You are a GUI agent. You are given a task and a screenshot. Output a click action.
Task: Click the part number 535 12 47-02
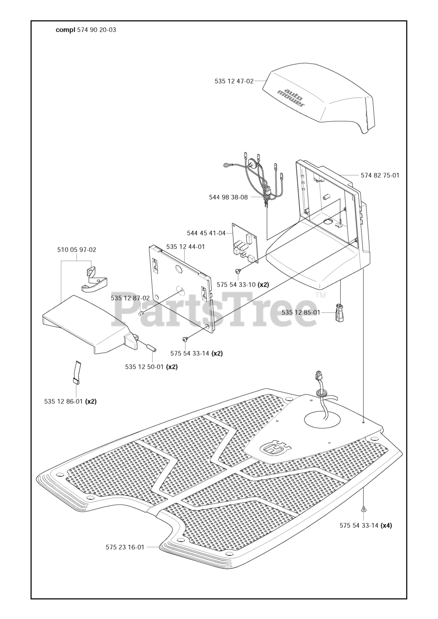coord(234,81)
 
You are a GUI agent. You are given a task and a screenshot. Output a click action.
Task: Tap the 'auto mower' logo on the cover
coord(291,97)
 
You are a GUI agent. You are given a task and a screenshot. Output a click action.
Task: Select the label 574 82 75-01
coord(380,175)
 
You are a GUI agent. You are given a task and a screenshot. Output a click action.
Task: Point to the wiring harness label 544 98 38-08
coord(228,197)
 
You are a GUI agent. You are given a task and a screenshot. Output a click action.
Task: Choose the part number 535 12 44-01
coord(186,247)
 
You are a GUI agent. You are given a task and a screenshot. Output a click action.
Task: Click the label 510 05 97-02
coord(76,250)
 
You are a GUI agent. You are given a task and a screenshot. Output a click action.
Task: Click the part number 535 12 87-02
coord(130,298)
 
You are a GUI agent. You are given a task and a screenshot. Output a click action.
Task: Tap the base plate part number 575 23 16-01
coord(125,547)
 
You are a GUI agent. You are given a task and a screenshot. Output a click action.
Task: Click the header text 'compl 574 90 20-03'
coord(86,29)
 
